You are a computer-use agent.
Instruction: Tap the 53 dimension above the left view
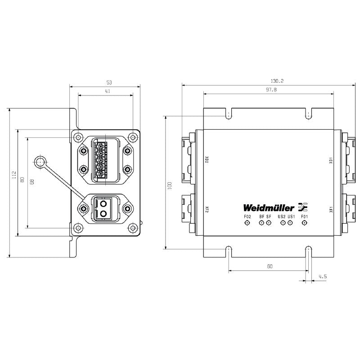tap(108, 82)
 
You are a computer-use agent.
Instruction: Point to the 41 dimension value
tap(108, 91)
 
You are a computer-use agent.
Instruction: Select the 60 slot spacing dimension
tap(269, 266)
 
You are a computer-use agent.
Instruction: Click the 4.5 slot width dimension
tap(322, 276)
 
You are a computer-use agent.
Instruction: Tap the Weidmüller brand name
tap(269, 208)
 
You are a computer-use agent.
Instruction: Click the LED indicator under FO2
tap(247, 224)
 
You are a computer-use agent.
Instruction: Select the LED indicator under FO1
tap(305, 224)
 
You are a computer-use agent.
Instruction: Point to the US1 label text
tap(291, 217)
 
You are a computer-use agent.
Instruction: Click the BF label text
tap(261, 217)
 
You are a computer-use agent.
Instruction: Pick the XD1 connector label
tap(331, 160)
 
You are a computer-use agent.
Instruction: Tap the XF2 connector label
tap(207, 210)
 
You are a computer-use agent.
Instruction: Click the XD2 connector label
tap(207, 160)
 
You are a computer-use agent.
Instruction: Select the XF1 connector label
tap(331, 210)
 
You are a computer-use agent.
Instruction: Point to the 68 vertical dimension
tap(31, 183)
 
